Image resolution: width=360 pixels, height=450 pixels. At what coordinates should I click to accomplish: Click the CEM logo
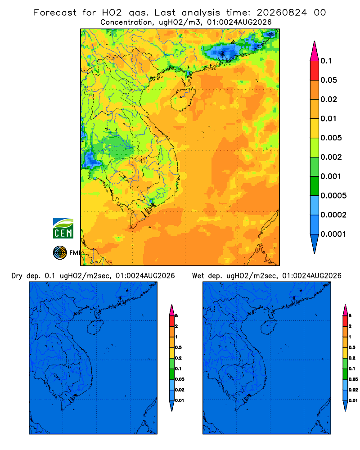point(63,229)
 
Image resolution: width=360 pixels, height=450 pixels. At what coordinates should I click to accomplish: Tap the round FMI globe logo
point(60,253)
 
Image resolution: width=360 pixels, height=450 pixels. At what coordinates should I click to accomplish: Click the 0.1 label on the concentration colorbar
point(326,61)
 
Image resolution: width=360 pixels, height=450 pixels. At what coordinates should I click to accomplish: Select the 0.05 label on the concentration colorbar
point(328,80)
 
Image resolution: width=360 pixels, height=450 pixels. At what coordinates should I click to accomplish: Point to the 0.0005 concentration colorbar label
point(333,196)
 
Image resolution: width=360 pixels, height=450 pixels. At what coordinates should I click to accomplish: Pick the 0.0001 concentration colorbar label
point(333,234)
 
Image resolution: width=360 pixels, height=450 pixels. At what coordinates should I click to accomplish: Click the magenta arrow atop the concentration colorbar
point(315,51)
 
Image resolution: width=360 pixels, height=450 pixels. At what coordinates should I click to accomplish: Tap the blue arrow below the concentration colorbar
point(315,243)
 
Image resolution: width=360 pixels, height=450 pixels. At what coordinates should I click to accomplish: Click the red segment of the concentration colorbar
point(315,71)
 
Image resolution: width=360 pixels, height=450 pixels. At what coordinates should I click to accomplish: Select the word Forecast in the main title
point(55,13)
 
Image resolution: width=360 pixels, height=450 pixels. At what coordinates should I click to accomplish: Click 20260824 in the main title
point(282,13)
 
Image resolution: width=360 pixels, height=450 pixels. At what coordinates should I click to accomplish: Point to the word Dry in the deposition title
point(17,276)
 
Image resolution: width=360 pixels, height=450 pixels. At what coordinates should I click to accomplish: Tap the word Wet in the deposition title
point(198,276)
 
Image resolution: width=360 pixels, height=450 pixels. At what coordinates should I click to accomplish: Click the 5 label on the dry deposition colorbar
point(176,316)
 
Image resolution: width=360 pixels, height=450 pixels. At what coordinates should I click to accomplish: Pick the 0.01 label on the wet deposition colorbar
point(353,400)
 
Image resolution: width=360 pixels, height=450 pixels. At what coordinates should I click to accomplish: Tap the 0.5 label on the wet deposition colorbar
point(352,347)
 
